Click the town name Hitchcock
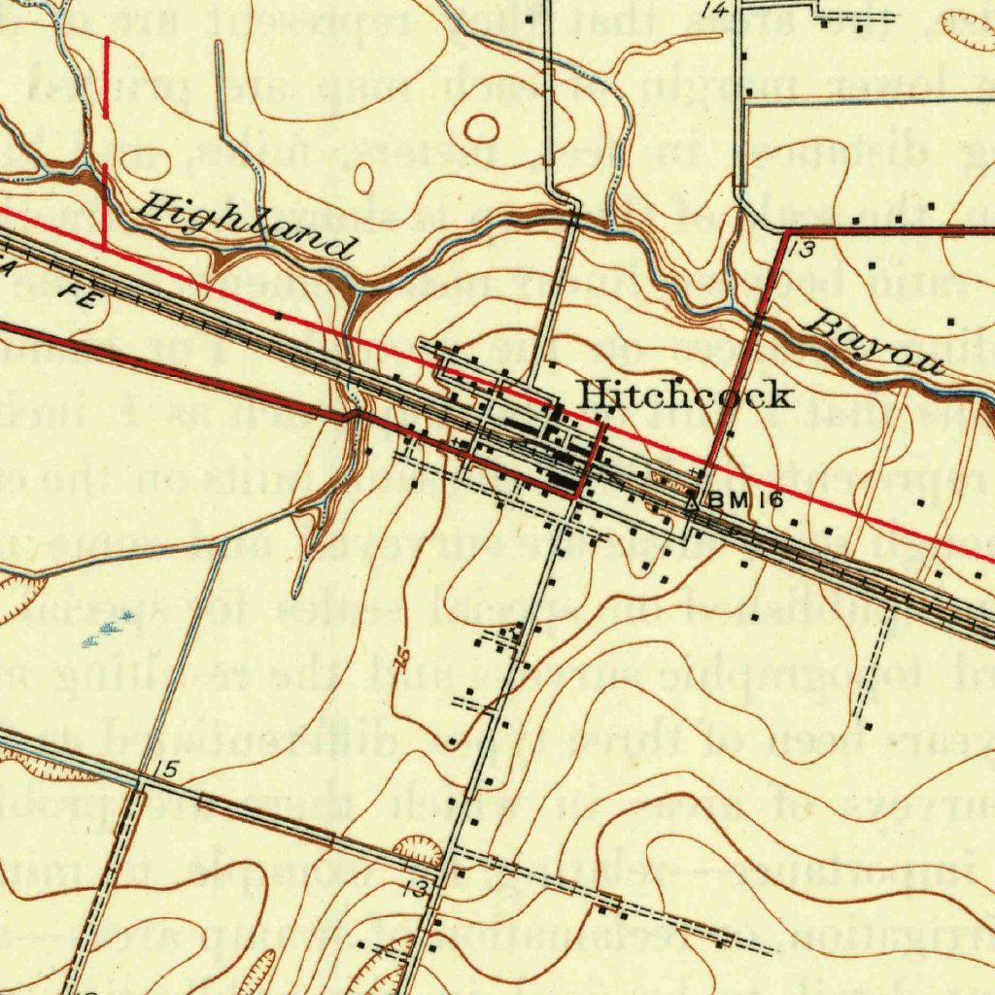[684, 395]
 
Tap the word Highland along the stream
[247, 225]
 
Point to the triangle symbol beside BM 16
[692, 503]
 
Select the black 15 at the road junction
[166, 772]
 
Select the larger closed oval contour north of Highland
[482, 126]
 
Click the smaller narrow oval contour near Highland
[363, 178]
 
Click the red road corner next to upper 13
[784, 233]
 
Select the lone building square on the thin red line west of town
[279, 315]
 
